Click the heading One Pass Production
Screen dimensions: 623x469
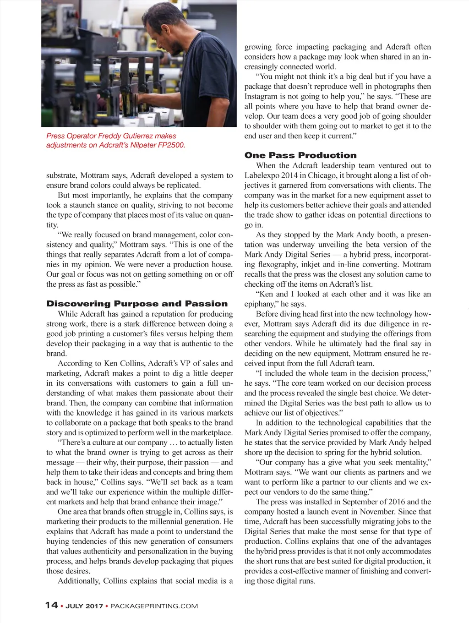[x=300, y=155]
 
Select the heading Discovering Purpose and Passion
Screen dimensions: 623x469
[x=137, y=304]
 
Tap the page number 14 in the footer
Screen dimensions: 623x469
[x=51, y=605]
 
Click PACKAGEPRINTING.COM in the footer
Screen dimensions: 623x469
[x=154, y=606]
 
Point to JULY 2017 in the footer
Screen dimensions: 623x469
[x=84, y=606]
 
